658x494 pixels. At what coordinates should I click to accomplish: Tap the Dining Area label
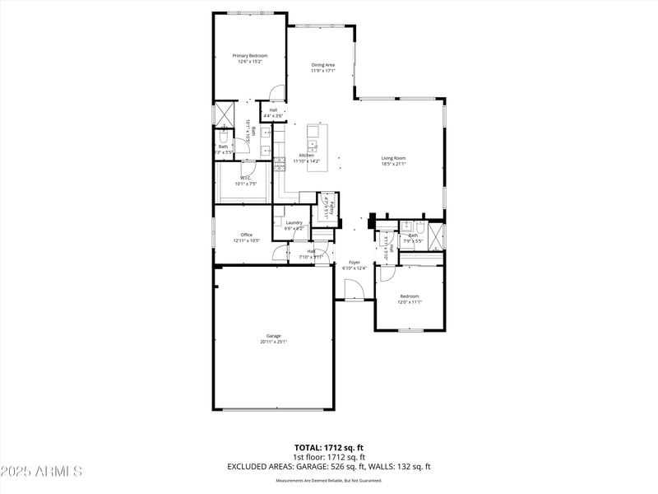(x=322, y=68)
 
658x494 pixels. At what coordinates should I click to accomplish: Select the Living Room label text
(x=393, y=161)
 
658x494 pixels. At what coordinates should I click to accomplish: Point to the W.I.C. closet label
(x=246, y=180)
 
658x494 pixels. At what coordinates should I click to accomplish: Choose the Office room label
(x=246, y=237)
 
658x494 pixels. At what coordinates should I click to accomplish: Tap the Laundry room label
(x=294, y=225)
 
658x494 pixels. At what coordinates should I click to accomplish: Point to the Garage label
(x=273, y=338)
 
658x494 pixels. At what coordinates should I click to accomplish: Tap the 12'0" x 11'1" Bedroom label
(x=410, y=299)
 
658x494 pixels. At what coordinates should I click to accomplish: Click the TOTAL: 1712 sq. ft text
(x=329, y=447)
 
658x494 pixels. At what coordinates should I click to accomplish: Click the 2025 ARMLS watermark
(x=41, y=471)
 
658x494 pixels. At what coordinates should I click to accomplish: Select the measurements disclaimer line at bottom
(x=329, y=480)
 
